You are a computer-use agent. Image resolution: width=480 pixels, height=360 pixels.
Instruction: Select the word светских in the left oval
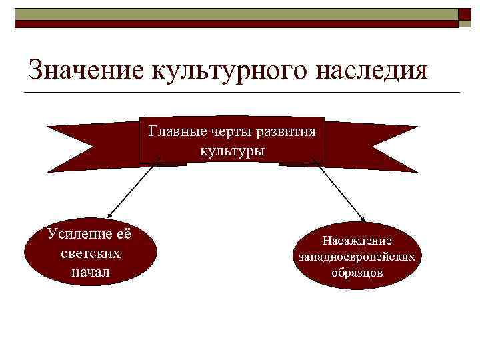tap(90, 253)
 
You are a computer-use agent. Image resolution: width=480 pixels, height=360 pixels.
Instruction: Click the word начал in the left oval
tap(90, 272)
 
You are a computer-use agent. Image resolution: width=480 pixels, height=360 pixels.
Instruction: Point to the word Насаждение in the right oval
tap(357, 241)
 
